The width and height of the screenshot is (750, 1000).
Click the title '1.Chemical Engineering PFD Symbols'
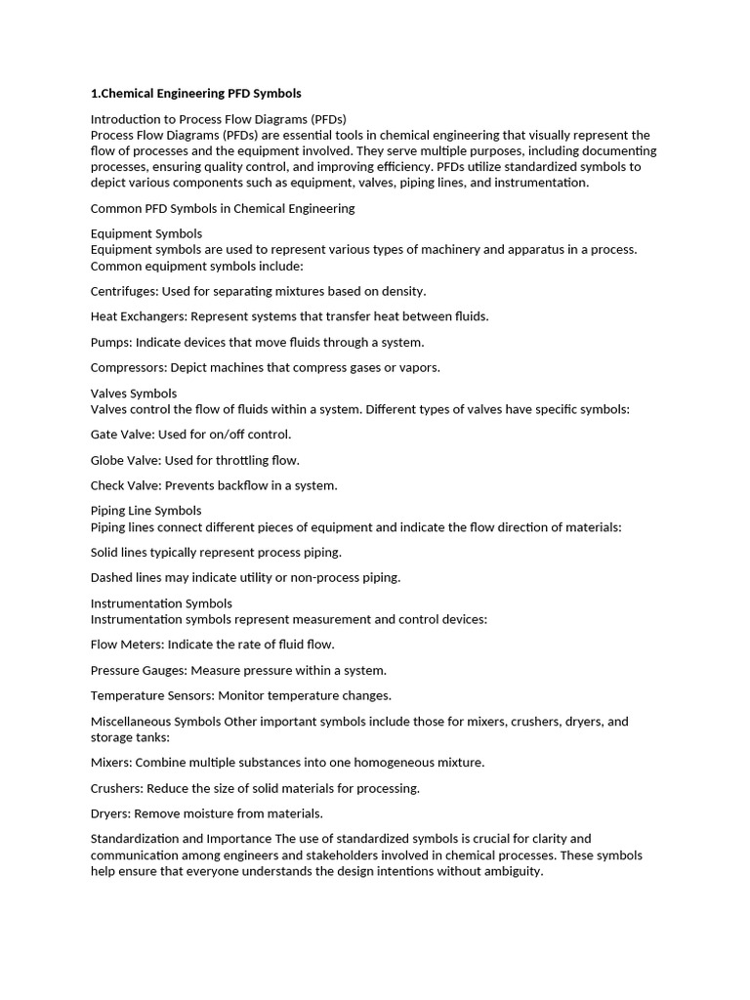click(x=195, y=94)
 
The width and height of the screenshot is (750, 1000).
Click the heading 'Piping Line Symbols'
click(x=146, y=510)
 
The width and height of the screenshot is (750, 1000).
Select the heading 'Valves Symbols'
click(x=134, y=394)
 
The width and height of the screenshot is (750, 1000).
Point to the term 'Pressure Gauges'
click(x=138, y=670)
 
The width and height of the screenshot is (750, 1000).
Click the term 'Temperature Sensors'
click(x=150, y=695)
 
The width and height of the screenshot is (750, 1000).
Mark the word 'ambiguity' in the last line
click(x=510, y=871)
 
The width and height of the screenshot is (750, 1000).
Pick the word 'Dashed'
click(x=111, y=577)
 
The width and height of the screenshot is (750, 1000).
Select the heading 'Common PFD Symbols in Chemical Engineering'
click(x=223, y=208)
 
